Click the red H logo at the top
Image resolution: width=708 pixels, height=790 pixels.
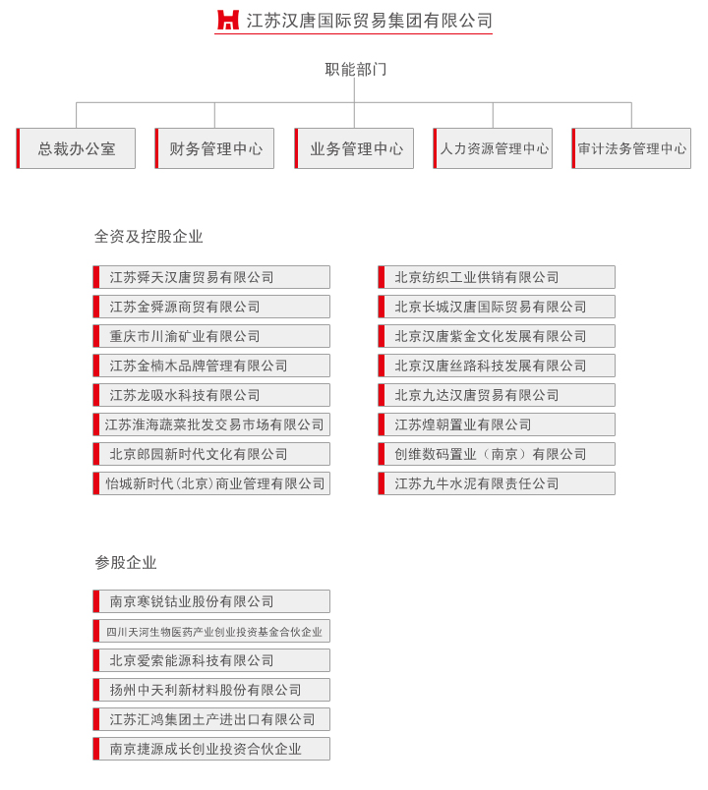[227, 20]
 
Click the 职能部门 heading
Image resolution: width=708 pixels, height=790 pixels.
[356, 69]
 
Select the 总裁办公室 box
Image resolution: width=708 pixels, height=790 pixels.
[76, 148]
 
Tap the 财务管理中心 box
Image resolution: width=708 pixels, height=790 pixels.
[214, 148]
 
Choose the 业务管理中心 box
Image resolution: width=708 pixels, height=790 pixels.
[354, 148]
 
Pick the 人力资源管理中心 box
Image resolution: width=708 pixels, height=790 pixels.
[493, 148]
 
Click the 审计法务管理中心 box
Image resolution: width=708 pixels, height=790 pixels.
[631, 148]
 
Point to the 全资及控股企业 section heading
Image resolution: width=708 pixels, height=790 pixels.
[148, 236]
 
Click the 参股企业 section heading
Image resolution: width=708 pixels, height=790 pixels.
[126, 562]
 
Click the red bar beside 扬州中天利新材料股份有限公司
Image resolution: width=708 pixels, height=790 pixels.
[95, 690]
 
